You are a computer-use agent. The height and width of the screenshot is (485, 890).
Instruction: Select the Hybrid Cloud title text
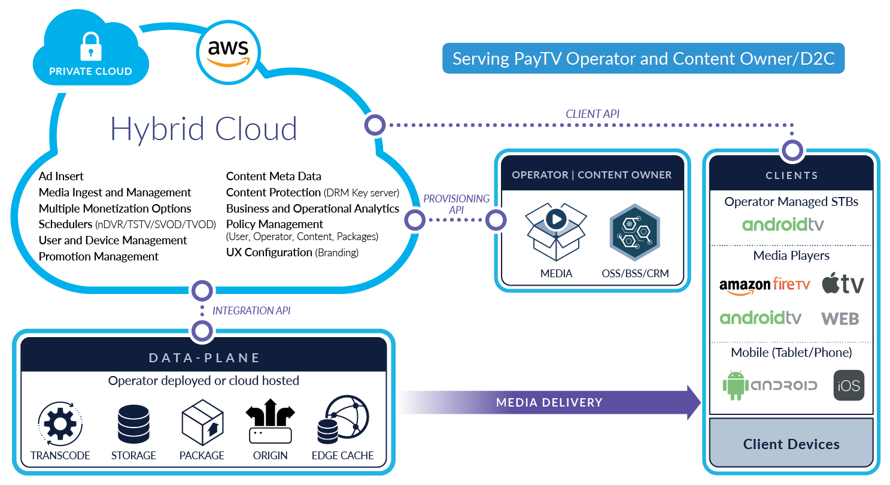[x=203, y=129]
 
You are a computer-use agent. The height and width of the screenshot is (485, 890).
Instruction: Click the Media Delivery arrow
[x=549, y=402]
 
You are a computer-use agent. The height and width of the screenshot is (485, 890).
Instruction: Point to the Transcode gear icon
[x=60, y=424]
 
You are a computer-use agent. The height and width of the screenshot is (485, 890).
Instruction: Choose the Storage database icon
[x=133, y=423]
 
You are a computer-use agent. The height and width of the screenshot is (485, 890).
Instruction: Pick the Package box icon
[x=202, y=422]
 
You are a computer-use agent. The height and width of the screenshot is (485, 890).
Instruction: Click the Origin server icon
[x=271, y=435]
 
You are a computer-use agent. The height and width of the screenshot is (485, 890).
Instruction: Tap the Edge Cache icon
[x=344, y=422]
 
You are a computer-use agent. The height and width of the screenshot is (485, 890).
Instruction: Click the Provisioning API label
[x=457, y=204]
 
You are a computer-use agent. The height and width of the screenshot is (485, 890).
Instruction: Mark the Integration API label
[x=251, y=311]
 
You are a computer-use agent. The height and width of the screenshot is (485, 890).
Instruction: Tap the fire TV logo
[x=791, y=284]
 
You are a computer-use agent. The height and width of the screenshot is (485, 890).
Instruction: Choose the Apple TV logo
[x=843, y=283]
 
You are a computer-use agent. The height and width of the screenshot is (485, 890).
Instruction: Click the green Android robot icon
[x=736, y=385]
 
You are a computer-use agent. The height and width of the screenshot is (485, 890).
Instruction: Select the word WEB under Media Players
[x=840, y=319]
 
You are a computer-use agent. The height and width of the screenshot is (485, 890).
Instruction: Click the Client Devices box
[x=791, y=444]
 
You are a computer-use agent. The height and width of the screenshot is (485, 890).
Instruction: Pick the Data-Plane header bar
[x=204, y=357]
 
